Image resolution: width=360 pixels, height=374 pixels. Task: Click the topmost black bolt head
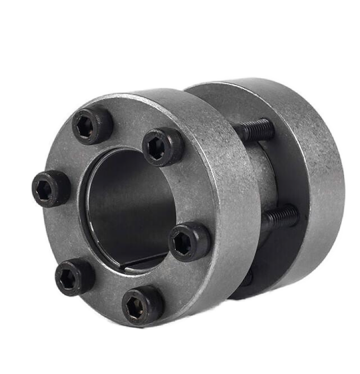[92, 125]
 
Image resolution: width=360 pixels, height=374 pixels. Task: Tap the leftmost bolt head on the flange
[51, 189]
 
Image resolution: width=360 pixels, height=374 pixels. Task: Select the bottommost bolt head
[143, 305]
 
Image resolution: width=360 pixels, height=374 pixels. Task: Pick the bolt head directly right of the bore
[189, 242]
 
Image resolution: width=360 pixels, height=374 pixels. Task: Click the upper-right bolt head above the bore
[162, 146]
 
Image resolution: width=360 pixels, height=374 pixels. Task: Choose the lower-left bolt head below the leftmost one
[74, 277]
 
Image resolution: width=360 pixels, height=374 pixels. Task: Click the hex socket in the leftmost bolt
[44, 190]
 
